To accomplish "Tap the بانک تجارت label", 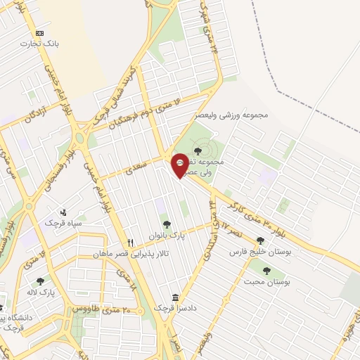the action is pyautogui.click(x=40, y=44).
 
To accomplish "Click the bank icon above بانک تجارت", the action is pyautogui.click(x=39, y=33).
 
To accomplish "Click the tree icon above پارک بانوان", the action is pyautogui.click(x=167, y=225).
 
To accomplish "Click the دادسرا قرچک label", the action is pyautogui.click(x=189, y=307).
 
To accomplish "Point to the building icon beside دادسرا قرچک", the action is pyautogui.click(x=175, y=297).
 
